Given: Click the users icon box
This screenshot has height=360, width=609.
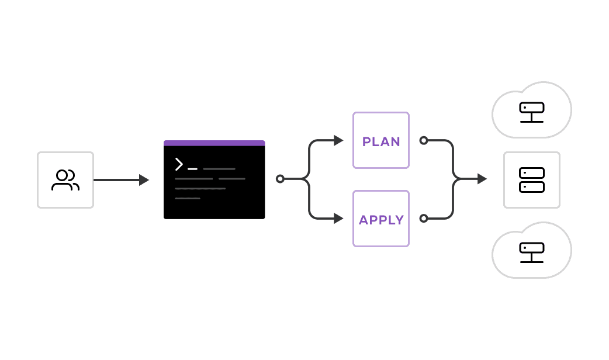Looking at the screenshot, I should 65,180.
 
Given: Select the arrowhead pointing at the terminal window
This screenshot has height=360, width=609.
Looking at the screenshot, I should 144,180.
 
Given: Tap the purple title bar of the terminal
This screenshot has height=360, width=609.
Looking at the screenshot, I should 214,143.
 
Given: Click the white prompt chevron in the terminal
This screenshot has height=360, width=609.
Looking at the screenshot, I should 179,164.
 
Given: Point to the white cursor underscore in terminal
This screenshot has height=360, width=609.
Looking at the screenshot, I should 192,169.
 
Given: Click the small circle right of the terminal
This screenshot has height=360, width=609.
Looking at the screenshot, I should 280,179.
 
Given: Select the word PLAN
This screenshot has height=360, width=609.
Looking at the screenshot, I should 381,141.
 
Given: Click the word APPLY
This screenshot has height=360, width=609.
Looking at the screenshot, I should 381,220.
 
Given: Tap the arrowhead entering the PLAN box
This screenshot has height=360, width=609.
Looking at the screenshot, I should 338,140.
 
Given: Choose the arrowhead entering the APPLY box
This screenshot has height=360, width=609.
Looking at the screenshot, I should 338,219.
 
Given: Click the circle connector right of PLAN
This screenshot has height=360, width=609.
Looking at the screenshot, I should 424,140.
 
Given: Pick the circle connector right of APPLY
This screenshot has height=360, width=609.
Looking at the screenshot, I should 424,218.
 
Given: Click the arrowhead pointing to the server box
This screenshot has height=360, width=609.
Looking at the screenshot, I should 482,179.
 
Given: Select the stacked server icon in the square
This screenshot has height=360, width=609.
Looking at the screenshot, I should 532,180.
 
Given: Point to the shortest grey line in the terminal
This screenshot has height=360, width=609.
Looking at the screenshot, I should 188,199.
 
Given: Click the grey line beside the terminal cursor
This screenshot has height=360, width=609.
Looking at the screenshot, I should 219,169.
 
